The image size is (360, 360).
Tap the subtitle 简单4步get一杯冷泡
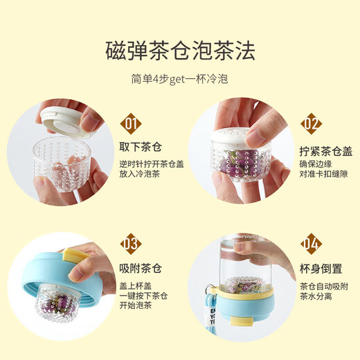pyautogui.click(x=180, y=79)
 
